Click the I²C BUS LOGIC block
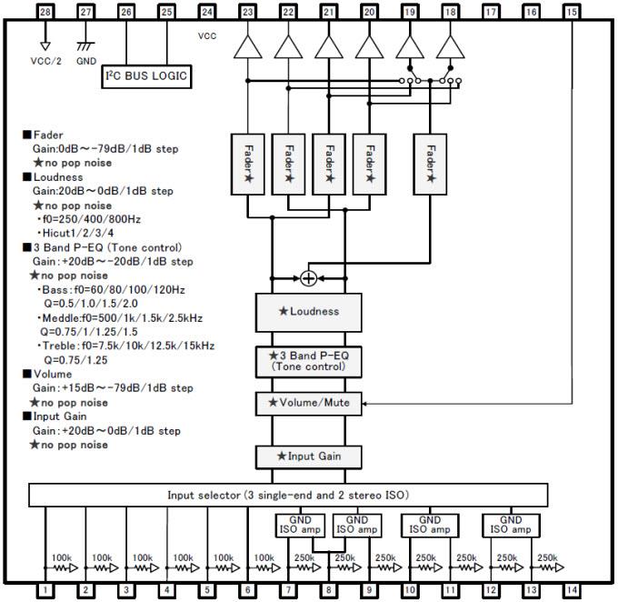(147, 76)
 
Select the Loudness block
(309, 312)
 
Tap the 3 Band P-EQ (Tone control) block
(309, 361)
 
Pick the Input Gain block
(309, 455)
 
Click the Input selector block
(289, 496)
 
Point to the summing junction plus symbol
(309, 278)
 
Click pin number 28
(45, 12)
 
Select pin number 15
(572, 12)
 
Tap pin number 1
(45, 590)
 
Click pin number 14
(572, 590)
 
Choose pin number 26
(125, 12)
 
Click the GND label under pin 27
(86, 61)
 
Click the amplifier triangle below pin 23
(247, 46)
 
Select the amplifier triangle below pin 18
(451, 46)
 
